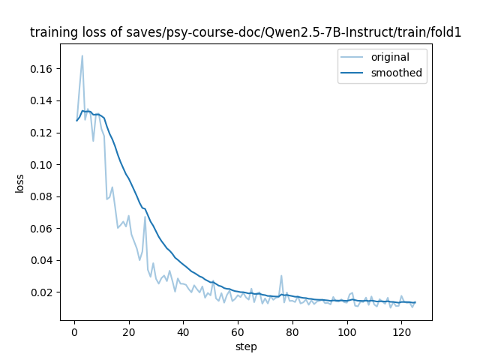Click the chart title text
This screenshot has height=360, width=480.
tap(245, 33)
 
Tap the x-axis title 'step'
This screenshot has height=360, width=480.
tap(246, 346)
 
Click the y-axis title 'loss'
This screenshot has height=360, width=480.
tap(20, 183)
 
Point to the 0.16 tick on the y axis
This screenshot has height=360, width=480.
tap(41, 69)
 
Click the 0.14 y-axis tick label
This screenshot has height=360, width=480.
tap(41, 100)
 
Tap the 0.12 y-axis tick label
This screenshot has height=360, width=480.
tap(41, 133)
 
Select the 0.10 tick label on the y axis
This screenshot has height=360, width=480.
tap(41, 164)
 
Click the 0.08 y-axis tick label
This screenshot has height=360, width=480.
tap(41, 196)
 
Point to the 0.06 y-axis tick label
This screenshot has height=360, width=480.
tap(41, 228)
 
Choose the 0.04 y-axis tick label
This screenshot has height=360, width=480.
tap(41, 260)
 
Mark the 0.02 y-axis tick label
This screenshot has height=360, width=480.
tap(41, 292)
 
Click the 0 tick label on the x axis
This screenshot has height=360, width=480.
tap(74, 331)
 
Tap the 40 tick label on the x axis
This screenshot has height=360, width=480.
tap(183, 331)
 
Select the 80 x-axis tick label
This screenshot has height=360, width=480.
tap(292, 331)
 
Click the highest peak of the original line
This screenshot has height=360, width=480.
tap(82, 55)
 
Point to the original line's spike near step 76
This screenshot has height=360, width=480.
tap(281, 276)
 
